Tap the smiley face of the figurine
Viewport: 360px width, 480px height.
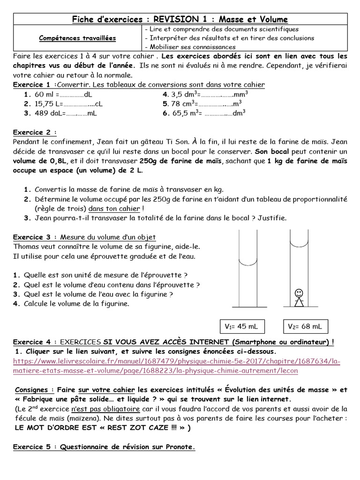pyautogui.click(x=299, y=293)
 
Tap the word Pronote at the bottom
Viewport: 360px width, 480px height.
pyautogui.click(x=180, y=447)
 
